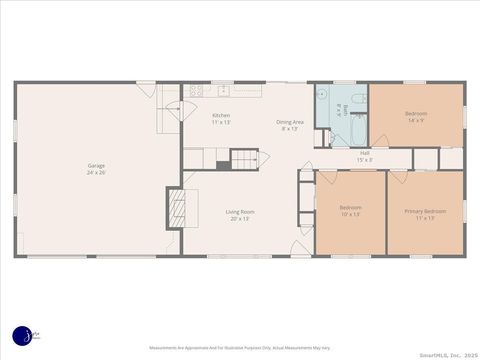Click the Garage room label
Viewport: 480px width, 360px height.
[x=96, y=165]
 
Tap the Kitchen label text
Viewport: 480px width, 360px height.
[x=221, y=116]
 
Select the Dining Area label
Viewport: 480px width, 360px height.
[x=290, y=121]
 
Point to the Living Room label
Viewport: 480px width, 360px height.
[x=239, y=211]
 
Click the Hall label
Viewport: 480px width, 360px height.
[x=365, y=153]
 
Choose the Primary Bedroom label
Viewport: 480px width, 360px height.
[x=425, y=211]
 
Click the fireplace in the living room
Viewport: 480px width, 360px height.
[x=176, y=208]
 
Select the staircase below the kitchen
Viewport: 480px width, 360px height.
[x=244, y=158]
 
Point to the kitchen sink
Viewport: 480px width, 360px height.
[x=223, y=91]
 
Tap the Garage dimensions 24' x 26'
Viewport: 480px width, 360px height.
[x=96, y=172]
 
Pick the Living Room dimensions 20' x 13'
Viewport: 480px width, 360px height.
[x=239, y=218]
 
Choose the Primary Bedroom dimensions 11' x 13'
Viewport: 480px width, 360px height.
[x=425, y=218]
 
